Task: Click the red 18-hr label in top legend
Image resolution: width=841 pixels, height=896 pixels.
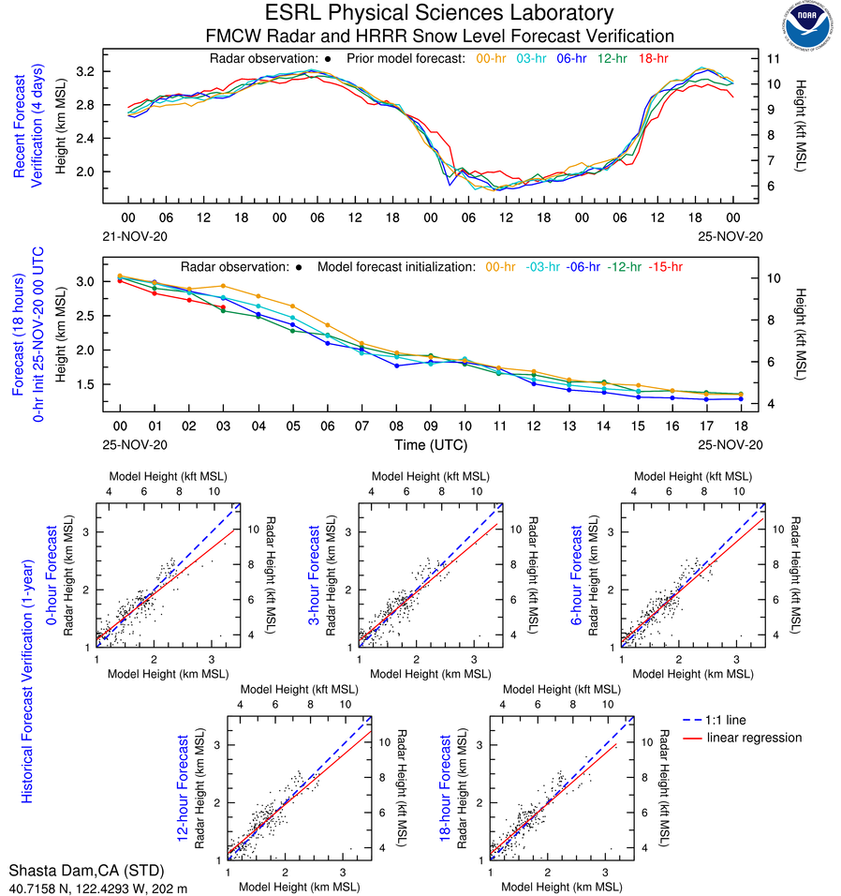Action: click(x=653, y=59)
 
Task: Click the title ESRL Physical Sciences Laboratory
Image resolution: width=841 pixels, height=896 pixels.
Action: click(x=439, y=13)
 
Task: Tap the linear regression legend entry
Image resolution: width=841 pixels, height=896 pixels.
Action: click(x=755, y=738)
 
